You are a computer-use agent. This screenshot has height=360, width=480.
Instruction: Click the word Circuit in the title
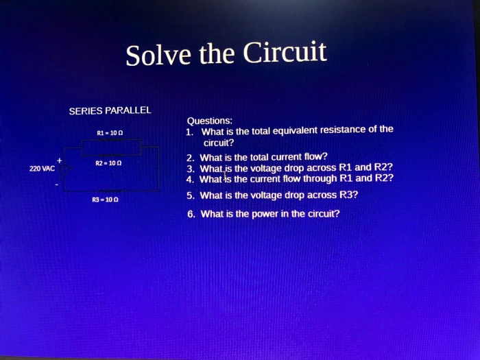click(x=284, y=52)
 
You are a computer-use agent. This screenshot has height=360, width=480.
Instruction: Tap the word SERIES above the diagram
click(x=86, y=110)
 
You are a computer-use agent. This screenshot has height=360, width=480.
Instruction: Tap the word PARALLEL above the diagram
click(x=128, y=110)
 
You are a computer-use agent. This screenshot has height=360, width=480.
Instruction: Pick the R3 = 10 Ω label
click(x=106, y=200)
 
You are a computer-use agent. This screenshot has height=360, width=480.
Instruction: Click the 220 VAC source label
click(x=42, y=168)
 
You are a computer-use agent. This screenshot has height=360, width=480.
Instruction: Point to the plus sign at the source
click(x=60, y=160)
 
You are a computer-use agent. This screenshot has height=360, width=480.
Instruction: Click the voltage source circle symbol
click(x=65, y=169)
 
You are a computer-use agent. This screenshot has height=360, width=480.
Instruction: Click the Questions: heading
click(x=210, y=120)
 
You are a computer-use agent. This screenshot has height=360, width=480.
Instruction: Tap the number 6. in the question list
click(x=191, y=214)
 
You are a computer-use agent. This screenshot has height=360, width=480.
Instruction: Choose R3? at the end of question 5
click(x=348, y=195)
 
